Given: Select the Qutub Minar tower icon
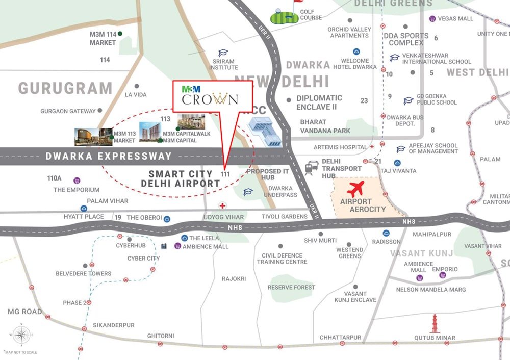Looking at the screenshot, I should [435, 323].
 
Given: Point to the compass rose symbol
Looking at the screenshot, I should [21, 335].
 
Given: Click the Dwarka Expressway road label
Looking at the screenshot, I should [109, 156].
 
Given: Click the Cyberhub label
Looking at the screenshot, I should [131, 245].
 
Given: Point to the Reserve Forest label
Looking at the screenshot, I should [291, 287].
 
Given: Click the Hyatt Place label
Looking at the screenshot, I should [84, 217].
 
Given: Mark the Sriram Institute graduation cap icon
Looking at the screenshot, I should [223, 53].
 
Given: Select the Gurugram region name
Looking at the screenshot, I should [65, 88].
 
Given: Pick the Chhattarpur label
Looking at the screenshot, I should [340, 338].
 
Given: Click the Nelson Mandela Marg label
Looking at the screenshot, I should [431, 290].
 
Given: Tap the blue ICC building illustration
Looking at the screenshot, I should [265, 132].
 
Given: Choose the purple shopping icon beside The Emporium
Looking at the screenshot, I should [76, 180].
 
